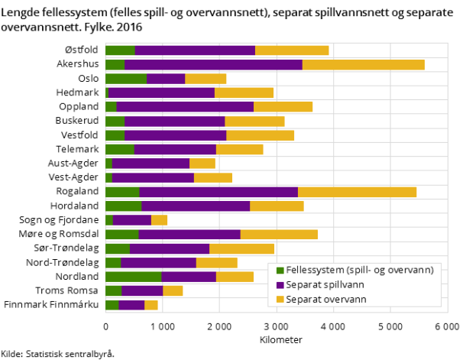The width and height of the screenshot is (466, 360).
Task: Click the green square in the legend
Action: [280, 271]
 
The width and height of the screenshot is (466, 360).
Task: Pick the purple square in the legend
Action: [280, 285]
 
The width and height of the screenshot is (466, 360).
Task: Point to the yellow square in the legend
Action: [280, 300]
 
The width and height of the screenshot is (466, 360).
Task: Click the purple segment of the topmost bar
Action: [195, 50]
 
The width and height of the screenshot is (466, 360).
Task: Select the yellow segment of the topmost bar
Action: [292, 50]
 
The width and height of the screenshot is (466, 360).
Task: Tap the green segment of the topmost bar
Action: [120, 50]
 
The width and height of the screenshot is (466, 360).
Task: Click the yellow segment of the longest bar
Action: [363, 64]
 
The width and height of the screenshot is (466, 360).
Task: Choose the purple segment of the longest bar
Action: [213, 64]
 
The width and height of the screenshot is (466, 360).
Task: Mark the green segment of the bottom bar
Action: [112, 305]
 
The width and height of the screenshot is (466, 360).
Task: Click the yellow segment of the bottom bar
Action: [151, 305]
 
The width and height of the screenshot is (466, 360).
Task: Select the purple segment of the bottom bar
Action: [131, 305]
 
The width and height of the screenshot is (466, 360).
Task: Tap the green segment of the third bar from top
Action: [125, 79]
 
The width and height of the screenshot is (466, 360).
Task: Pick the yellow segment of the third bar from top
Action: [205, 79]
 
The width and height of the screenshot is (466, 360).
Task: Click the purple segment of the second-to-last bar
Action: [142, 290]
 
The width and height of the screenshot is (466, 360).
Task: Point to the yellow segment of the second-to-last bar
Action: [173, 290]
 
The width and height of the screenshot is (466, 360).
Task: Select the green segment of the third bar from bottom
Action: [133, 277]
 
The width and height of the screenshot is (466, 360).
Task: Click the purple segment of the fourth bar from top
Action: [161, 92]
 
